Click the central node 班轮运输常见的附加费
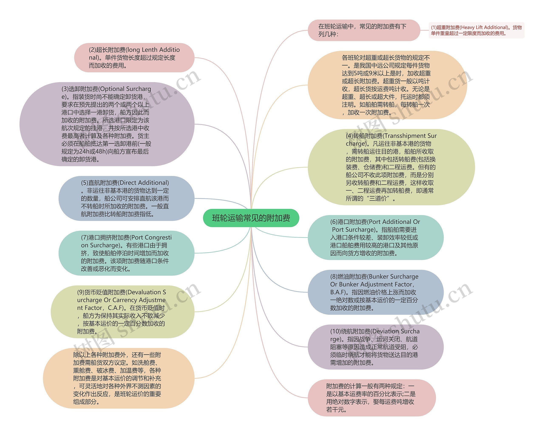click(x=251, y=218)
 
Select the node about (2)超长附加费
click(x=134, y=58)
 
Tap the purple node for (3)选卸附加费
click(x=107, y=124)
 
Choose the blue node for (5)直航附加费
click(x=126, y=198)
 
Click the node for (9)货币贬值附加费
click(x=122, y=312)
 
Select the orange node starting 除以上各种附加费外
click(x=119, y=378)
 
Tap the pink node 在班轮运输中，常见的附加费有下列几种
click(x=364, y=30)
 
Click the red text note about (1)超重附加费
click(x=476, y=30)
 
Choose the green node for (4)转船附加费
click(x=391, y=167)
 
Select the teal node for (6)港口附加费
click(x=375, y=237)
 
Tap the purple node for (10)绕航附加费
click(x=375, y=347)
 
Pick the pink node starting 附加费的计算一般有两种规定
click(x=371, y=398)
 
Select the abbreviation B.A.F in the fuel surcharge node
click(x=340, y=292)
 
